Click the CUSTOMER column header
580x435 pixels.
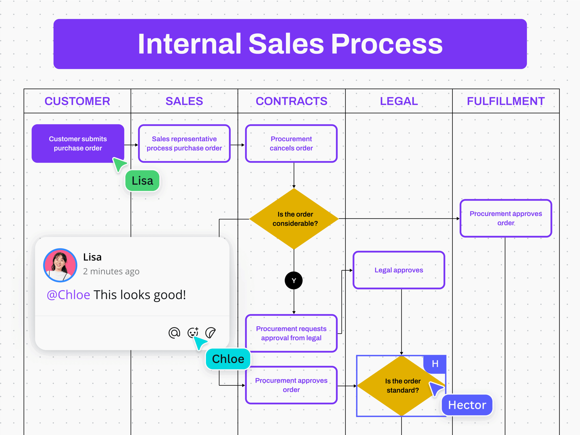click(x=77, y=101)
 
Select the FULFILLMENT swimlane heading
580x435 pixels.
click(x=505, y=101)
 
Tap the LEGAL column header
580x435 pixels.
click(x=399, y=101)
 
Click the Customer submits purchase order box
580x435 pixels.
click(x=78, y=143)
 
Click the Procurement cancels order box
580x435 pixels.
click(x=291, y=143)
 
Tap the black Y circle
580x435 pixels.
click(x=294, y=280)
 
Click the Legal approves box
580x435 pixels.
click(x=399, y=270)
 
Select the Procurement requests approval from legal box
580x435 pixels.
click(x=291, y=333)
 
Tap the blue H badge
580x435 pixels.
click(x=435, y=364)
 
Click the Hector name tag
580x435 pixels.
click(x=467, y=405)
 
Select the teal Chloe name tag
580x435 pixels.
click(x=228, y=359)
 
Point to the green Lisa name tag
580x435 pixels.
click(x=142, y=181)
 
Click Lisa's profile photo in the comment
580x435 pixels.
click(x=60, y=265)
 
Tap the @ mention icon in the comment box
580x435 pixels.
click(x=174, y=333)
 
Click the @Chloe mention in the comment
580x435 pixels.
click(x=68, y=295)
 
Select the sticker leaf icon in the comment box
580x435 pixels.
click(x=210, y=333)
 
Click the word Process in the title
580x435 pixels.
click(x=387, y=44)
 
